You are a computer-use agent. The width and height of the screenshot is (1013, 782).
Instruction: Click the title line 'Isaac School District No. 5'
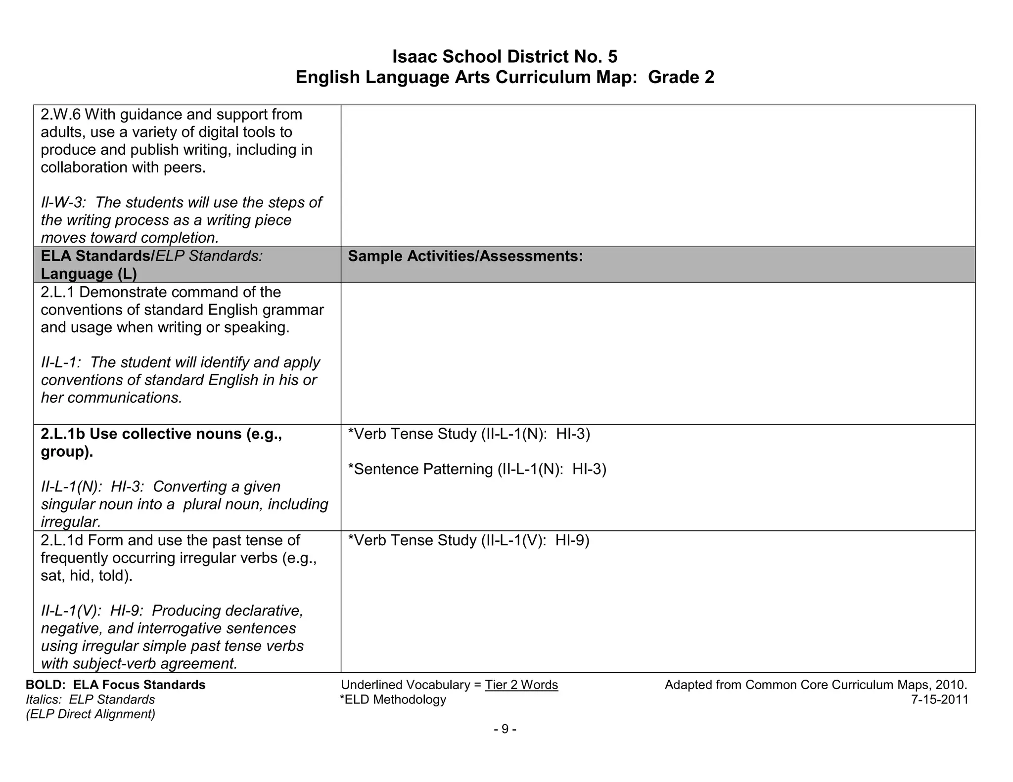coord(505,57)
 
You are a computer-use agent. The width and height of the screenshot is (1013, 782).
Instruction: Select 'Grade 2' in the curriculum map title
coord(681,77)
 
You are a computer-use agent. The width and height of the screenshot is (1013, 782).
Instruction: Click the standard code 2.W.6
coord(61,115)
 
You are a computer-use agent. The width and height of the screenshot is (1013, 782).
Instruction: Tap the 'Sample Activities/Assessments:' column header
coord(465,256)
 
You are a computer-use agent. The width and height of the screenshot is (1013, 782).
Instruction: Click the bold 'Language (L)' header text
coord(89,274)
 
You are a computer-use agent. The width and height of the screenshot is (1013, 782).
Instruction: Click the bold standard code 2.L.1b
coord(63,434)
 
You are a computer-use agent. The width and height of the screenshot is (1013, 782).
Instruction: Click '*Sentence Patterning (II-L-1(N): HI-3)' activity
coord(477,469)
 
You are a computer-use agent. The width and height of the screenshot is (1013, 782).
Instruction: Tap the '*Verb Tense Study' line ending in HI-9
coord(468,540)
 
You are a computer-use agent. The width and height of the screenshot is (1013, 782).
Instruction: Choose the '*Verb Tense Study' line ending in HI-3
coord(469,434)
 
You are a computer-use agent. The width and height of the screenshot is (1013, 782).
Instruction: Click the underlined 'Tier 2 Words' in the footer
coord(521,685)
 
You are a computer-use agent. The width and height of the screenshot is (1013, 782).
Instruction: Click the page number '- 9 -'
coord(505,729)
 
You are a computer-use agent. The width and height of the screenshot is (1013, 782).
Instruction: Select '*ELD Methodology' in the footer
coord(393,699)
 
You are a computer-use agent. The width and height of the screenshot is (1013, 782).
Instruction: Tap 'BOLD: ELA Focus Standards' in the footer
coord(116,685)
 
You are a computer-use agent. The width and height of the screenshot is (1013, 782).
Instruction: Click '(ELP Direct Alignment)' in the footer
coord(91,714)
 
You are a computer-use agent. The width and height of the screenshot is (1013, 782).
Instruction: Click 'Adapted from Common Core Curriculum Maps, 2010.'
coord(816,685)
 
